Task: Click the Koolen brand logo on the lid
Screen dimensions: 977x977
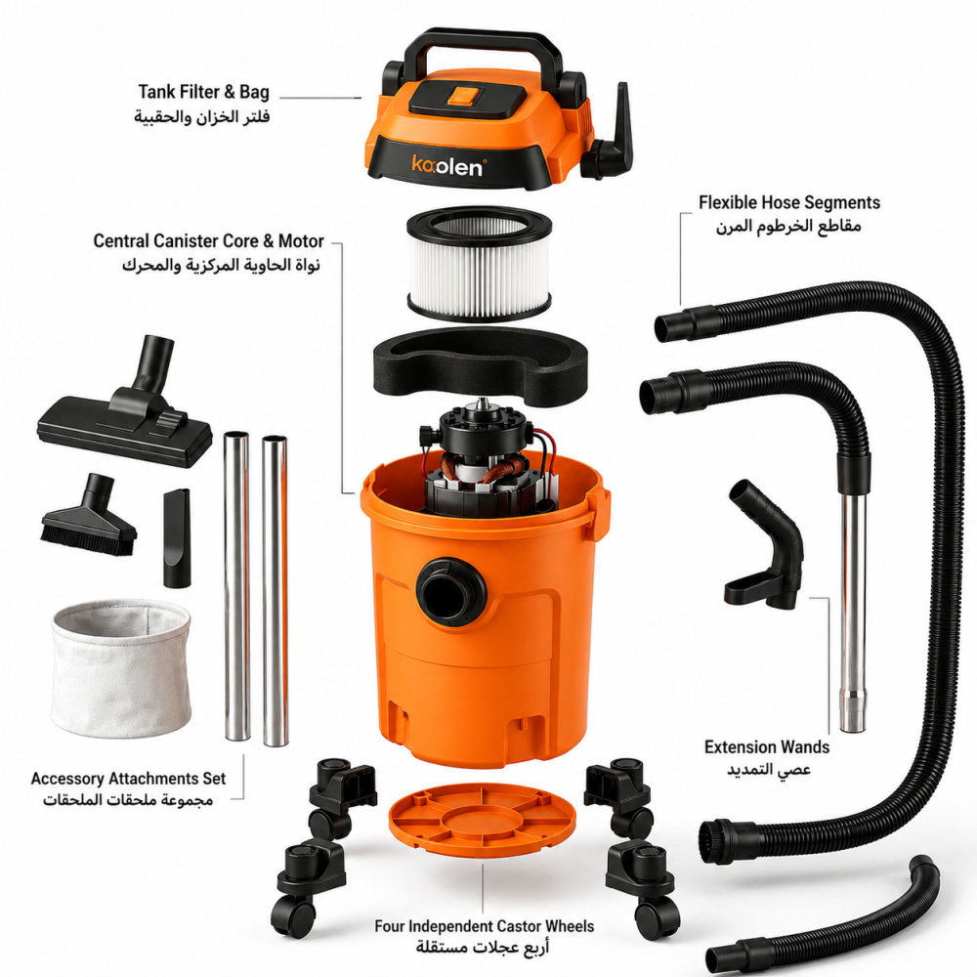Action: coord(447,166)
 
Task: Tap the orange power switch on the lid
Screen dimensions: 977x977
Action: coord(463,96)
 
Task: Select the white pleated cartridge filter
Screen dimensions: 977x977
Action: coord(479,263)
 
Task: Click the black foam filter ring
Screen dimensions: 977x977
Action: coord(479,365)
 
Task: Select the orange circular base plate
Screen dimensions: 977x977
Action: coord(483,815)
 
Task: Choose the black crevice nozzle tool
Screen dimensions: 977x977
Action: coord(177,537)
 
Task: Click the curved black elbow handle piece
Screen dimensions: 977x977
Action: coord(766,548)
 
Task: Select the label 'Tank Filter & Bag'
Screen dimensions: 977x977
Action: coord(204,92)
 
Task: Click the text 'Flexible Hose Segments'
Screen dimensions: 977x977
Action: coord(788,202)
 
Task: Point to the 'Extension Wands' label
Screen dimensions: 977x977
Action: coord(767,747)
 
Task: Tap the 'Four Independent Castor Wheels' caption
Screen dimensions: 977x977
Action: coord(485,926)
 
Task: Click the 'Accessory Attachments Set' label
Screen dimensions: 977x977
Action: coord(128,779)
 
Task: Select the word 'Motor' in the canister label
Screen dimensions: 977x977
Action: coord(301,241)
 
